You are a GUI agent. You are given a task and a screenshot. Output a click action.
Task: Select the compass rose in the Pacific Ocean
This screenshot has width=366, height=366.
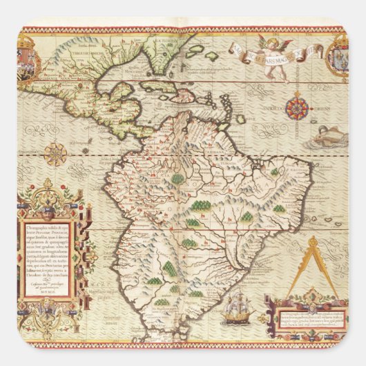coord(57,153)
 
